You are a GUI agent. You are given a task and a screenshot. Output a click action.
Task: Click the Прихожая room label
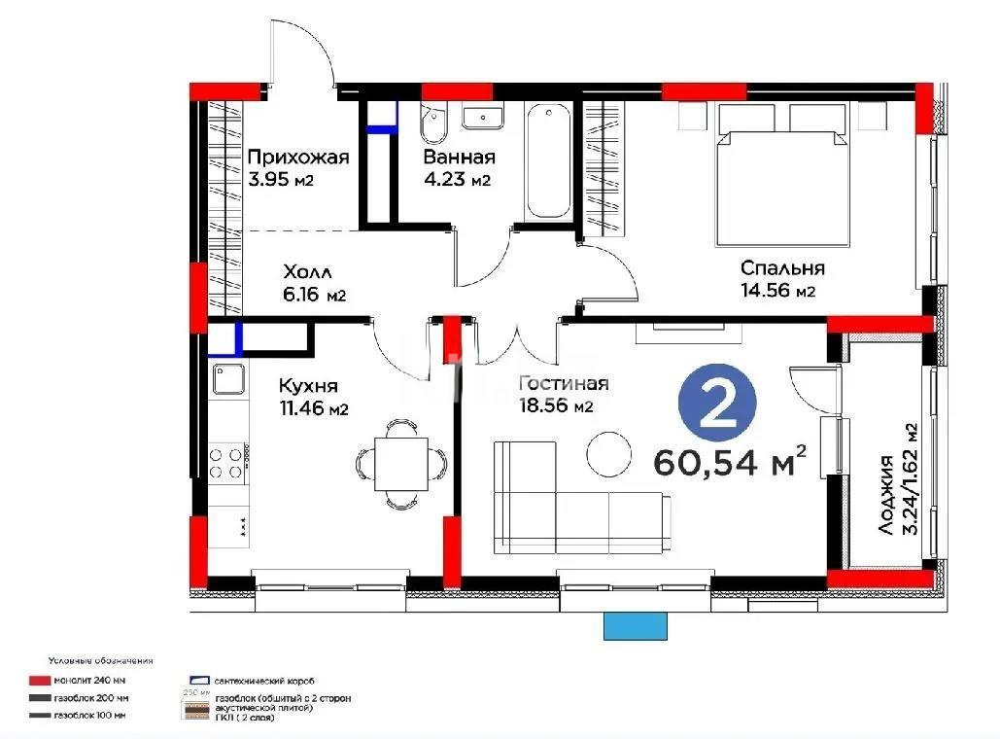[297, 156]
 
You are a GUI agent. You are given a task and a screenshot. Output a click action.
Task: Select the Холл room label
[307, 270]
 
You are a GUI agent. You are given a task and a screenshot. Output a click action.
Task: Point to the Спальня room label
[782, 268]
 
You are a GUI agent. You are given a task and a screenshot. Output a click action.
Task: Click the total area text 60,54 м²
[731, 461]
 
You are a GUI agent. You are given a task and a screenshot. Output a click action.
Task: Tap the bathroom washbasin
[483, 117]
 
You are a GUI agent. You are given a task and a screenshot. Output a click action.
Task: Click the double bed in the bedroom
[782, 175]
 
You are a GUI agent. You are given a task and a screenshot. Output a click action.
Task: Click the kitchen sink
[229, 379]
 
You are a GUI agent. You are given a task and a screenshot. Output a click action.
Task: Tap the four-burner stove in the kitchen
[226, 462]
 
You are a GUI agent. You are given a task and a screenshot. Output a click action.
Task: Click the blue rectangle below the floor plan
[636, 626]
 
